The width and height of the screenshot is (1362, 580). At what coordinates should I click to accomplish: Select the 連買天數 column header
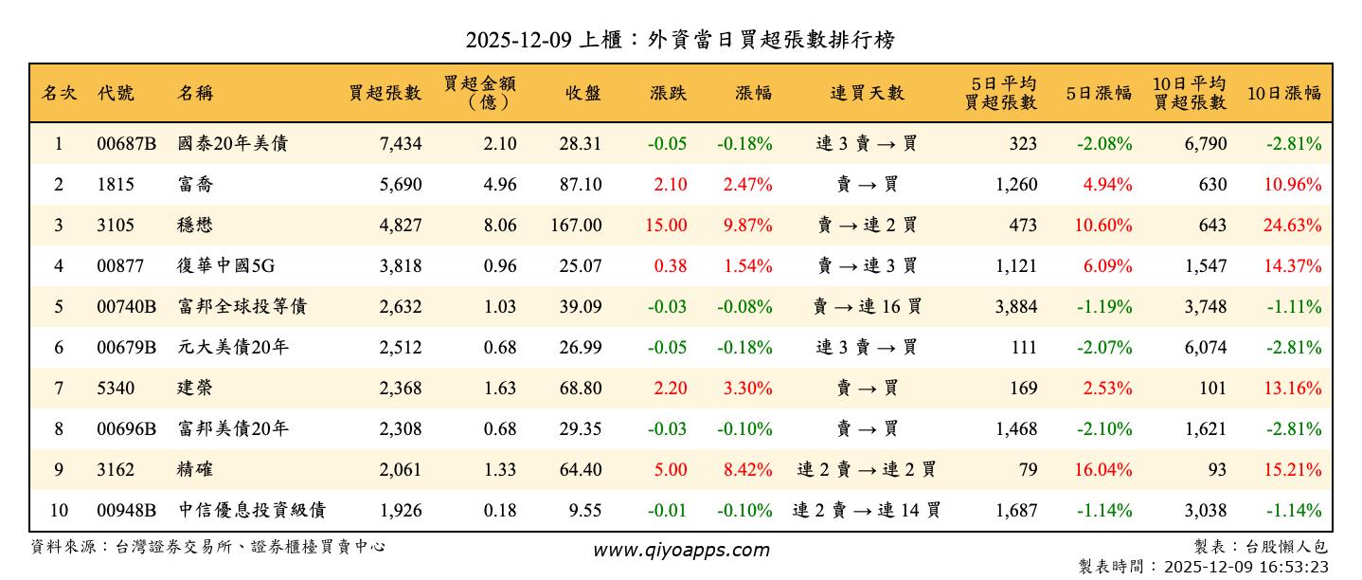(867, 93)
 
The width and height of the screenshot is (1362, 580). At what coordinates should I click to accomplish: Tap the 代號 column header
(116, 93)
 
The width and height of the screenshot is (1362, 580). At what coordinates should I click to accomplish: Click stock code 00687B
(126, 144)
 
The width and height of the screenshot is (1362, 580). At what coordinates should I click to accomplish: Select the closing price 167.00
(576, 226)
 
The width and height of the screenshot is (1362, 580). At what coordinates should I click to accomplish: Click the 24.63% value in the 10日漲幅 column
(1293, 226)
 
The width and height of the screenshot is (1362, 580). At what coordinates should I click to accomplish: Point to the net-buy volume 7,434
(400, 144)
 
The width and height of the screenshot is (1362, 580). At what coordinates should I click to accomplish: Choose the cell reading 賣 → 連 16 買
(867, 307)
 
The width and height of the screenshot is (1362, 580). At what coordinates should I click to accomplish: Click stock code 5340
(116, 389)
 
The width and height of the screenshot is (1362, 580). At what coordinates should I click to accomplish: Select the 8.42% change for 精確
(747, 470)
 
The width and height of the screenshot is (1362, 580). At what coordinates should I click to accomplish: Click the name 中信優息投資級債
(252, 511)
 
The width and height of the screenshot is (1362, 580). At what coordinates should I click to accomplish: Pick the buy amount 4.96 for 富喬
(500, 185)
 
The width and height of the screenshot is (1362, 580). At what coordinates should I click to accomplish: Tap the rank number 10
(59, 511)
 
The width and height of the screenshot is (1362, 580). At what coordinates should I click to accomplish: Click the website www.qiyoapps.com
(681, 550)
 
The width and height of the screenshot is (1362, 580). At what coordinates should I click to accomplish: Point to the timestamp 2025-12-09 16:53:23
(1245, 567)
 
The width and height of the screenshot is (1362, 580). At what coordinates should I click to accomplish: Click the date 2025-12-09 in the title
(516, 40)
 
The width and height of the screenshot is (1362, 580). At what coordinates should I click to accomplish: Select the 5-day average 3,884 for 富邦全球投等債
(1016, 307)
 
